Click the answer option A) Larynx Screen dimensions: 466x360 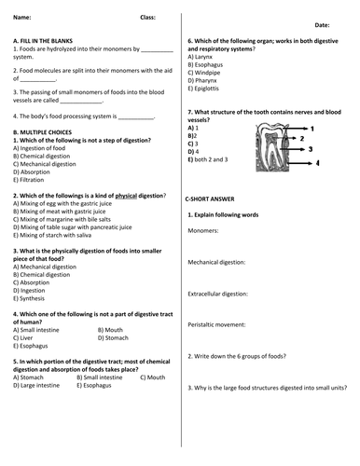click(x=204, y=57)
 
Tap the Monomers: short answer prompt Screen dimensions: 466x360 click(x=203, y=230)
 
